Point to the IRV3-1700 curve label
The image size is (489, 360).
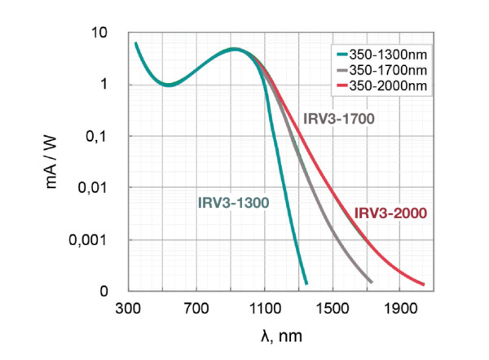click(338, 118)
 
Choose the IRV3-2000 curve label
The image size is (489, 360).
click(391, 213)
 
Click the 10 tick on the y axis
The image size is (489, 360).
click(100, 33)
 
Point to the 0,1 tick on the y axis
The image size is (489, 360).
click(98, 136)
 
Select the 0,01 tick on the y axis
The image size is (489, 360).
click(95, 188)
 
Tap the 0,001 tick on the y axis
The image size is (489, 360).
click(91, 240)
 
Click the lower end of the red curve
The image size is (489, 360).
click(424, 284)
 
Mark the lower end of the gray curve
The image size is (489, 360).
click(372, 282)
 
